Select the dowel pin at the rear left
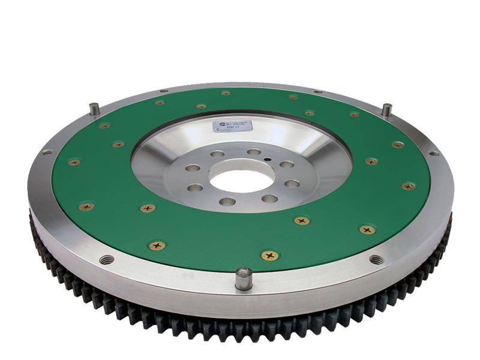point(94,109)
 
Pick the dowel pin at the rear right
point(387,110)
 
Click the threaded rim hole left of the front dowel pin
point(107,259)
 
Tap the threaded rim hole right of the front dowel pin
point(376,260)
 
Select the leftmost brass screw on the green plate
point(74,162)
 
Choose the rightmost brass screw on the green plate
point(409,186)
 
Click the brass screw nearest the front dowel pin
point(269,256)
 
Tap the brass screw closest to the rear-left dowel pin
point(104,126)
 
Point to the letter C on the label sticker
point(218,129)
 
